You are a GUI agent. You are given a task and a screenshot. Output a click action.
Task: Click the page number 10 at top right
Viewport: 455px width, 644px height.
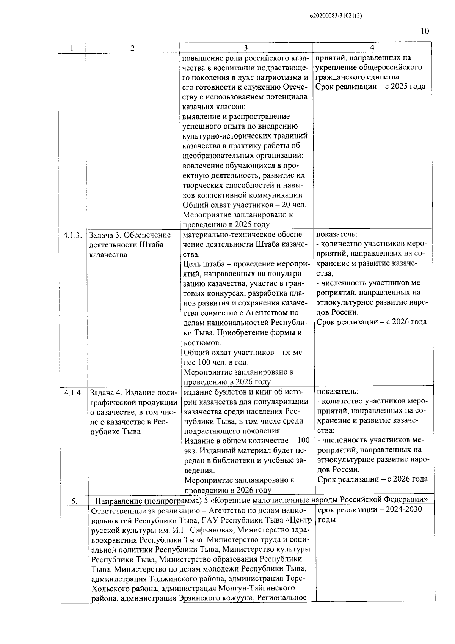click(425, 31)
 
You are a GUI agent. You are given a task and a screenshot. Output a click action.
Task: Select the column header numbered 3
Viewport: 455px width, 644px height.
click(246, 48)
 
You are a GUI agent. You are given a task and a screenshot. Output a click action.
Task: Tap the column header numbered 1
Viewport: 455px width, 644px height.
click(72, 48)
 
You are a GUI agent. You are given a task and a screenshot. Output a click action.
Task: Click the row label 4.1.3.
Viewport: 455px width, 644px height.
click(73, 235)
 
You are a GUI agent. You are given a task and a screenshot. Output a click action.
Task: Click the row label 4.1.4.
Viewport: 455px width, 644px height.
click(73, 392)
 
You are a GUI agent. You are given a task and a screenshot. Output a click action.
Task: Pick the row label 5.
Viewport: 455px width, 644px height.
click(75, 501)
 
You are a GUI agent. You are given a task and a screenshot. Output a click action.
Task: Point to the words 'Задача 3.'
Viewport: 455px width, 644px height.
click(105, 235)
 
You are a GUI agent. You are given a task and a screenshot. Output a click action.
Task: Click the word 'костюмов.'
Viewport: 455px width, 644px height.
click(199, 343)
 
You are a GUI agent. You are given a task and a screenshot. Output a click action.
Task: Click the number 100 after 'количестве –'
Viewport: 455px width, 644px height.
click(304, 441)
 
